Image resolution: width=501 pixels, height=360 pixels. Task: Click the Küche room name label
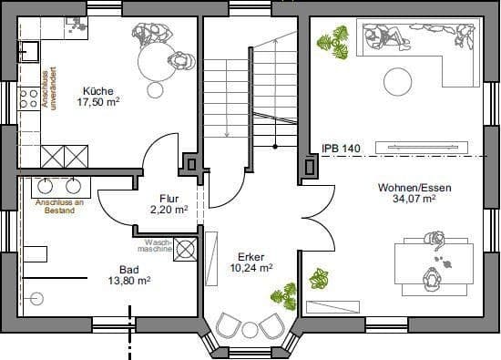click(97, 91)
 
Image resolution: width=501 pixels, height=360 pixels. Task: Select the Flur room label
click(169, 198)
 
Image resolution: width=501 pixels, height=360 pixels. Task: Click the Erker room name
click(251, 257)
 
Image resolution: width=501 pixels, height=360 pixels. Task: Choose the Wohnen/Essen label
click(414, 187)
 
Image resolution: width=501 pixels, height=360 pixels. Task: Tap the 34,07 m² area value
click(414, 199)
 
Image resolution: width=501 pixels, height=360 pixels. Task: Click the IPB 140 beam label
click(342, 148)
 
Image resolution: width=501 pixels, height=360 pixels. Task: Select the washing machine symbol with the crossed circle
click(186, 249)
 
